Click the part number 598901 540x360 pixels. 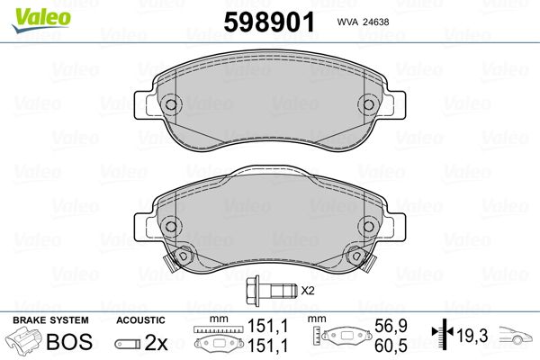coord(269,22)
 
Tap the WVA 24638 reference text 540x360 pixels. coord(363,22)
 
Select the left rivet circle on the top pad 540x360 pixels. coord(171,104)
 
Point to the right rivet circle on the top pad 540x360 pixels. coord(368,104)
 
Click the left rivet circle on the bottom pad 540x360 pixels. coord(171,226)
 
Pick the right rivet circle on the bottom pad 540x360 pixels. coord(368,226)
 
